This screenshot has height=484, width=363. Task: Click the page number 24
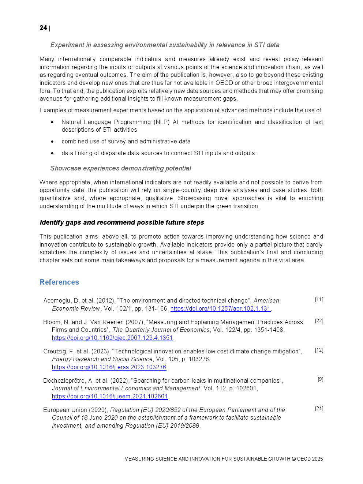[43, 28]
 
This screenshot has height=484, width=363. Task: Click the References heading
[59, 282]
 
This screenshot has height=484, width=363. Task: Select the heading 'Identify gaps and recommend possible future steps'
[122, 222]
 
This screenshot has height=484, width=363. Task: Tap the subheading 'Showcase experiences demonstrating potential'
[121, 168]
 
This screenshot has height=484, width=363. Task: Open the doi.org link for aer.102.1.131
[220, 309]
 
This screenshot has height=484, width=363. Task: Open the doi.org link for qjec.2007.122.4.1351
[112, 338]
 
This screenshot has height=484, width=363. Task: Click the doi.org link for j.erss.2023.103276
[109, 367]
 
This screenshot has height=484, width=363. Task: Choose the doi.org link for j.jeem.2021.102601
[110, 397]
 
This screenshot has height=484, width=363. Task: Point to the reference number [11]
[319, 300]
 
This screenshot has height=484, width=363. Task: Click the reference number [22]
[319, 321]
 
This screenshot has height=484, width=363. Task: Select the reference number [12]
[319, 350]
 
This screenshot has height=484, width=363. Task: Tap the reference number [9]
[321, 379]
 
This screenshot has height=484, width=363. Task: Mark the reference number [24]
[319, 409]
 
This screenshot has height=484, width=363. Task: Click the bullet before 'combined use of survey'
[52, 142]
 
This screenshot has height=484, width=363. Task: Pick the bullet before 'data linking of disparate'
[52, 153]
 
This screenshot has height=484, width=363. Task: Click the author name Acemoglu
[57, 301]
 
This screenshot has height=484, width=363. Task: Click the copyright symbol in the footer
[293, 459]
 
